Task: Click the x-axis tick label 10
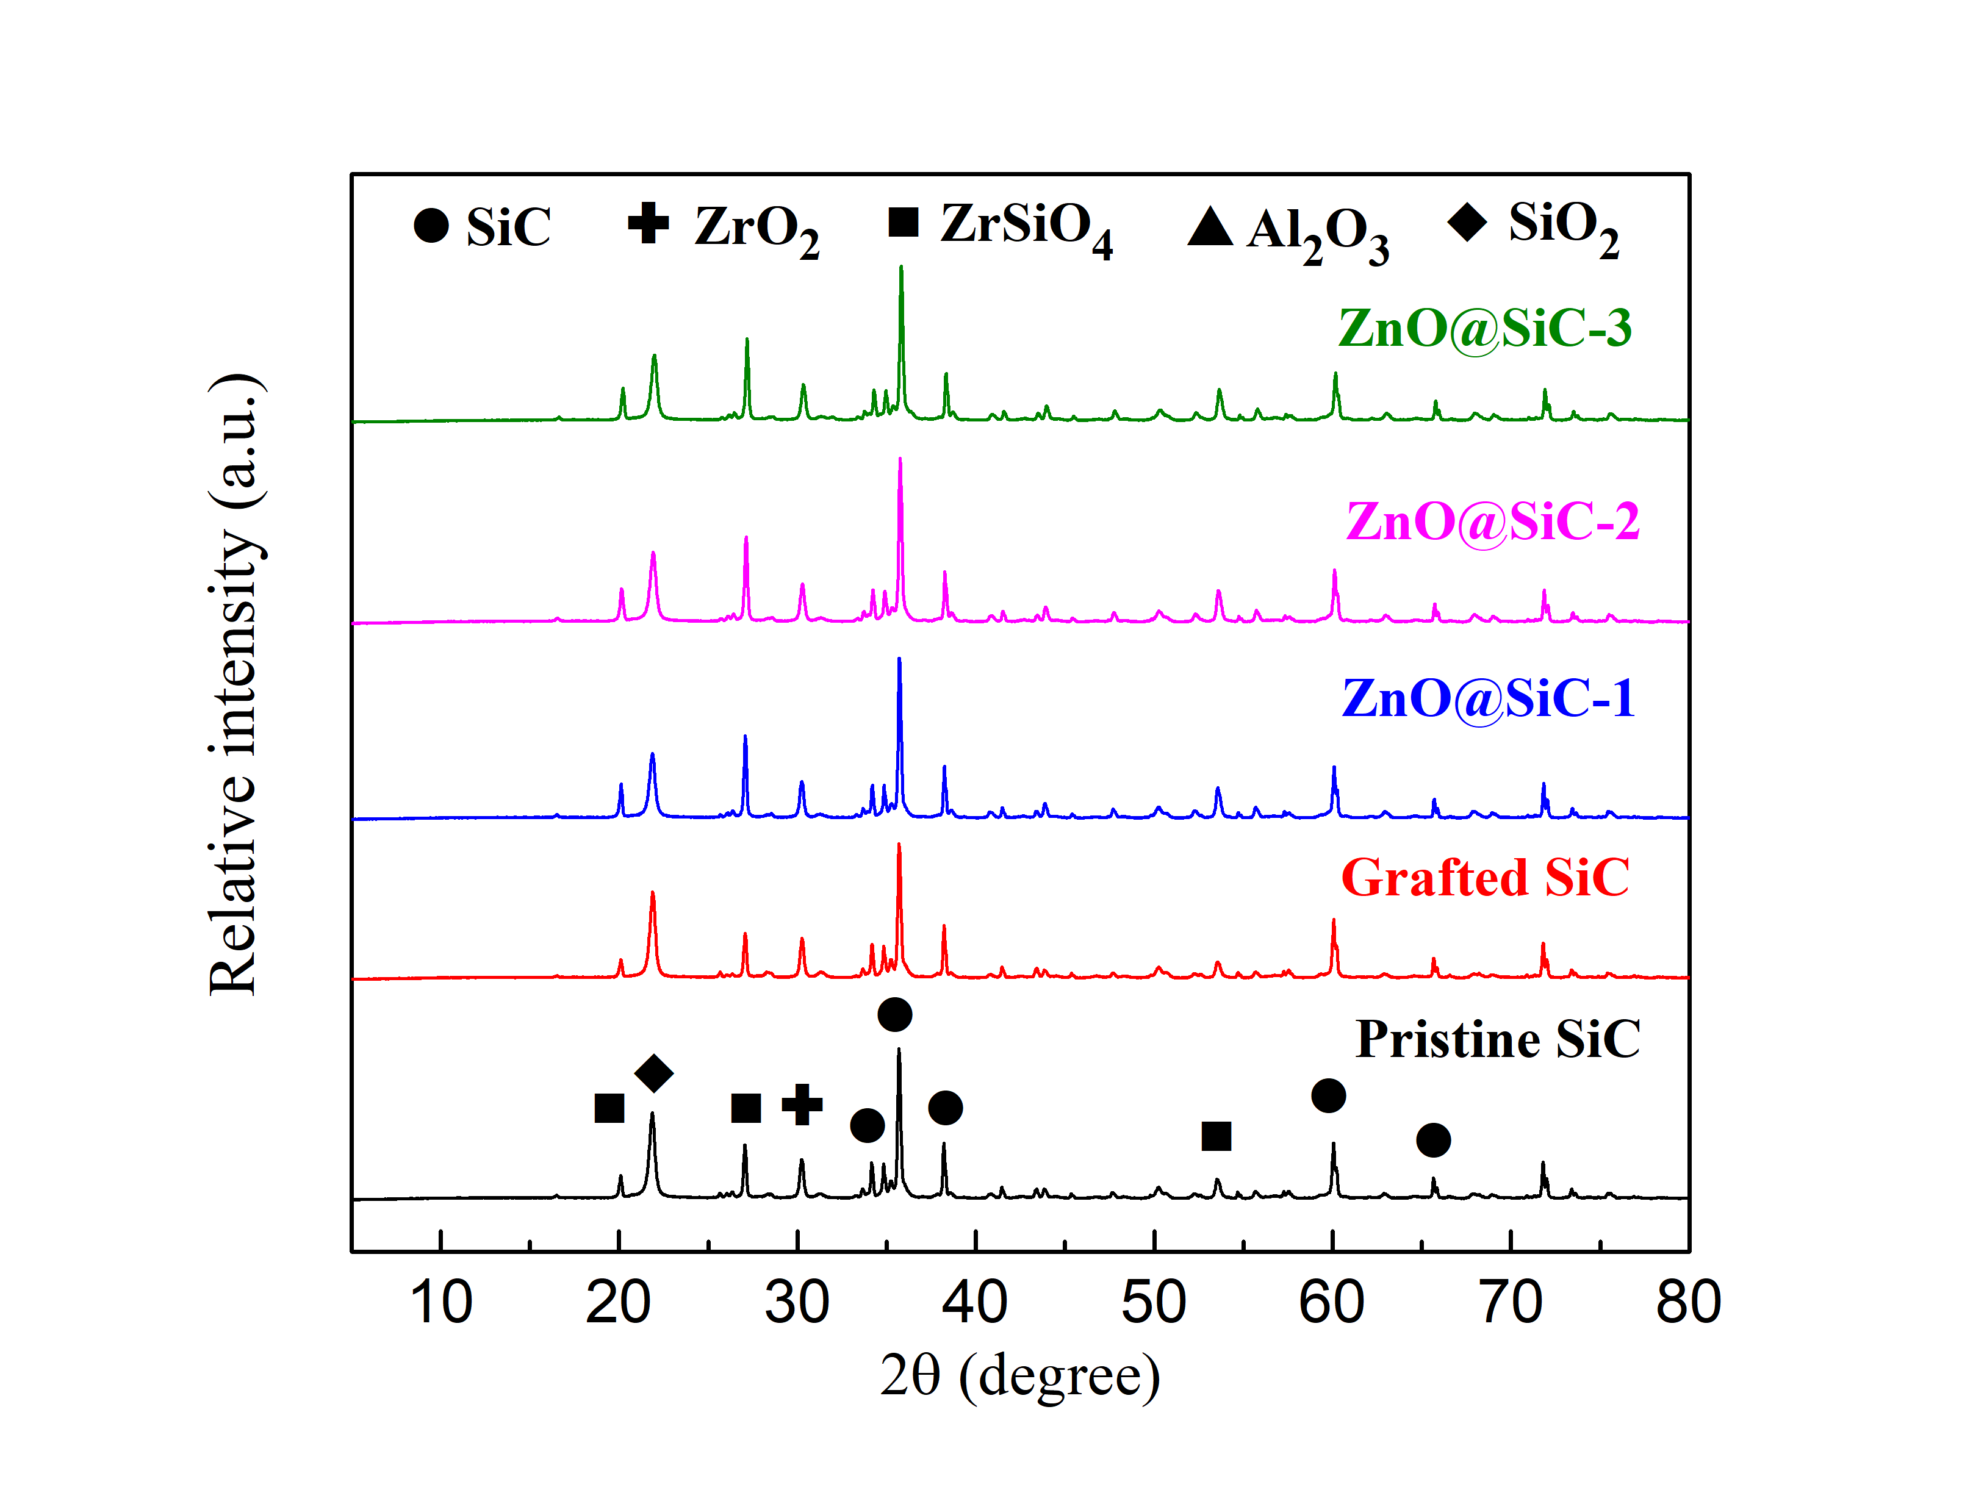pos(440,1303)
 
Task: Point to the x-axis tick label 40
pos(975,1303)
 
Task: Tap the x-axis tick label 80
pos(1687,1303)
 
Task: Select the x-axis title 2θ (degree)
pos(1019,1376)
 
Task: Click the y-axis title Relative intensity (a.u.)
pos(234,684)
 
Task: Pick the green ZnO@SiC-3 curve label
pos(1484,328)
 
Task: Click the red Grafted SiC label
pos(1485,878)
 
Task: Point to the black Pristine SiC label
pos(1497,1039)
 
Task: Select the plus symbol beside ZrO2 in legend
pos(648,223)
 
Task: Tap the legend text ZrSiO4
pos(1026,229)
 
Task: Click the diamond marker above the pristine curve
pos(653,1073)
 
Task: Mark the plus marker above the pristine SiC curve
pos(802,1105)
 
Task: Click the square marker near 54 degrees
pos(1216,1136)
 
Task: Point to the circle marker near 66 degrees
pos(1433,1140)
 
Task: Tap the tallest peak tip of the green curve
pos(900,267)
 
